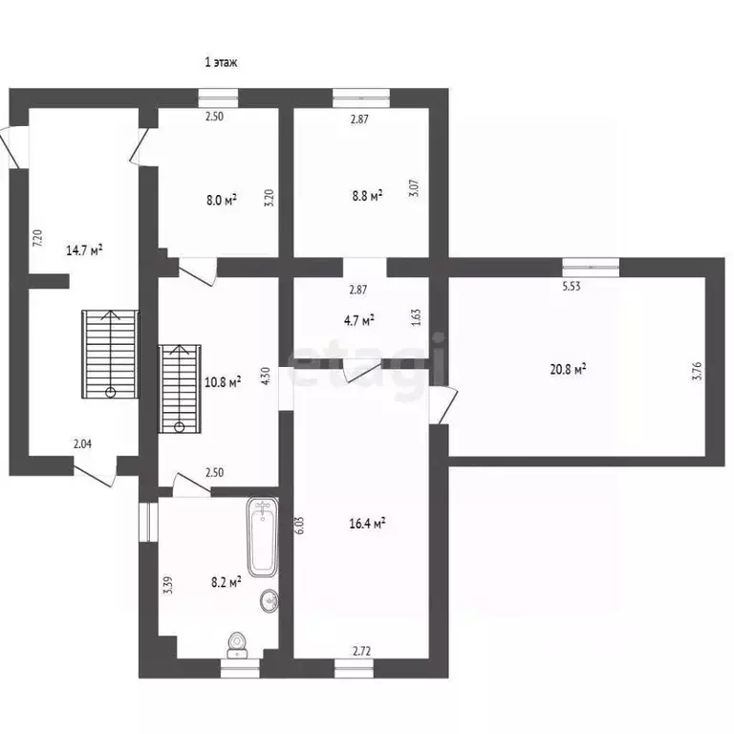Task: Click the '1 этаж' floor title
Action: coord(221,62)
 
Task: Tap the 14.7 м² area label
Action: coord(84,250)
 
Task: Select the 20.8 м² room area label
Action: coord(569,369)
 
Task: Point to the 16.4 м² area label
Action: coord(367,523)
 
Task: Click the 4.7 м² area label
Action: coord(358,321)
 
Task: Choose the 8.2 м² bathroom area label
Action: coord(227,582)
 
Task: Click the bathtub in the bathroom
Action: coord(263,537)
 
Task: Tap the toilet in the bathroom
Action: coord(238,645)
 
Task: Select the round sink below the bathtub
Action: coord(270,599)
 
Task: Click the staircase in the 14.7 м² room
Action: coord(111,354)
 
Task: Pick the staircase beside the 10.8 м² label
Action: coord(180,389)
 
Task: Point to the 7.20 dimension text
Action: coord(38,238)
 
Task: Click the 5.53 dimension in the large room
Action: coord(572,287)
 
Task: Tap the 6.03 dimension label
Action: coord(300,525)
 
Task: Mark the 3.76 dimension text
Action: coord(697,371)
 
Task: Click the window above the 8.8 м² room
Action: coord(361,98)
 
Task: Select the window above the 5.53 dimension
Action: coord(591,268)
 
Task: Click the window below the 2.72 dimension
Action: coord(354,668)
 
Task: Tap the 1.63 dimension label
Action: coord(416,317)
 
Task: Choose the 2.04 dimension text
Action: coord(82,443)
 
